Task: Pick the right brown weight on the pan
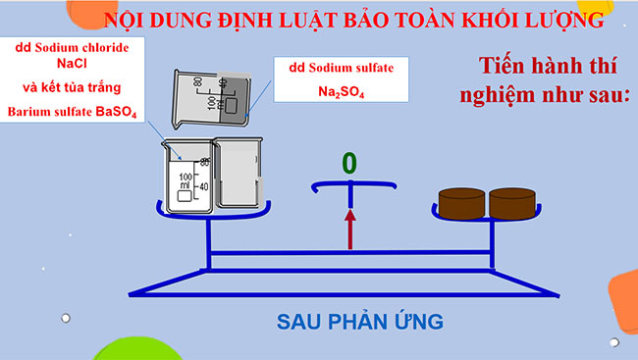pyautogui.click(x=513, y=203)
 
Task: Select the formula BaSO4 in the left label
pyautogui.click(x=121, y=112)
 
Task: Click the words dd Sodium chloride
pyautogui.click(x=74, y=46)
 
